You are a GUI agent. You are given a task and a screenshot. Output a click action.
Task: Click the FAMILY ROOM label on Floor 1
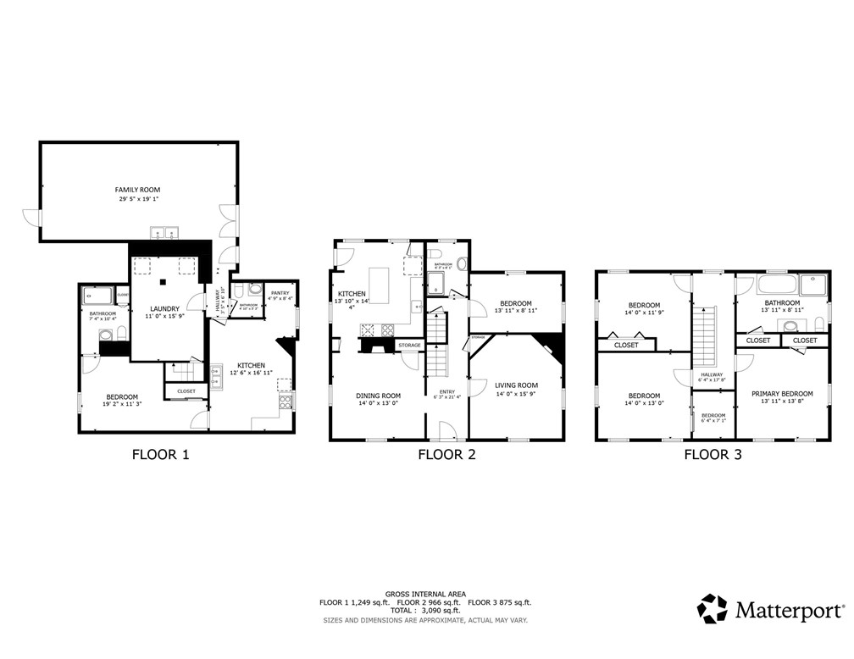(137, 190)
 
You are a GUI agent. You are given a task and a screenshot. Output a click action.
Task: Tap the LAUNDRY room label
(167, 308)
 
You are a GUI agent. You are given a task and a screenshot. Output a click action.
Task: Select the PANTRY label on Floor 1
(280, 293)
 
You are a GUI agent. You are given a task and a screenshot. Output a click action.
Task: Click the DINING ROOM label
(378, 396)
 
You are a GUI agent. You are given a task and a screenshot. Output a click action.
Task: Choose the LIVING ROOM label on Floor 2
(517, 385)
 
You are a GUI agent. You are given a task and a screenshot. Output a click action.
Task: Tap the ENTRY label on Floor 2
(446, 390)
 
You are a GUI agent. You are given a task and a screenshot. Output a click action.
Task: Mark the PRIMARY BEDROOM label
(781, 394)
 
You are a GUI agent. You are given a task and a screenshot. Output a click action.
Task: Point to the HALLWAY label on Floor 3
(712, 374)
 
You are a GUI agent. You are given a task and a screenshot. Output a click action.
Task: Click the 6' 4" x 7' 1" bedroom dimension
(713, 421)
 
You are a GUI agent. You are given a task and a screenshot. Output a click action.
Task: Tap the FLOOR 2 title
(446, 455)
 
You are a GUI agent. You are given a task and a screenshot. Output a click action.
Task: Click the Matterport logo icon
(712, 608)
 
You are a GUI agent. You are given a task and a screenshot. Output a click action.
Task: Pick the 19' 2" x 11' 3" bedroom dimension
(122, 405)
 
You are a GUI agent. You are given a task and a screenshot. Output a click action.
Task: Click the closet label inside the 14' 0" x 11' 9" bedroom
(626, 346)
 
